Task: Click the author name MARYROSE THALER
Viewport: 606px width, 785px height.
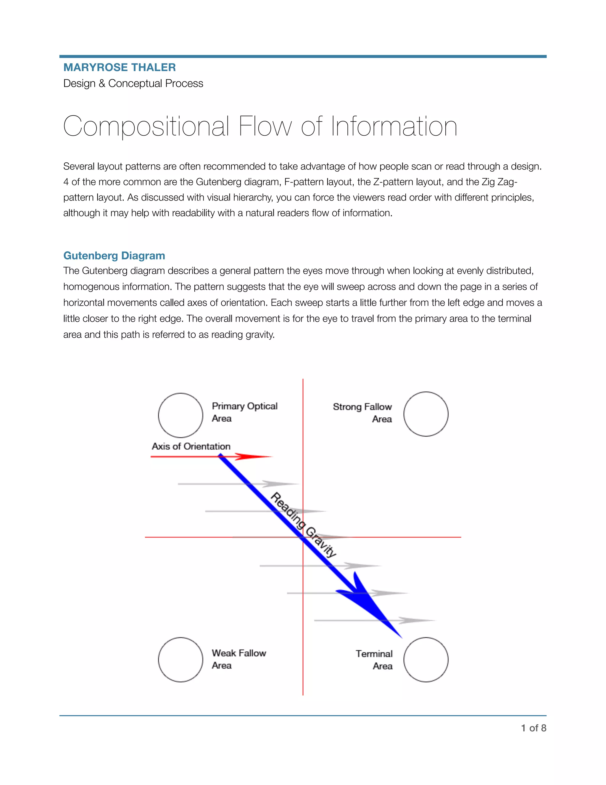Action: pyautogui.click(x=120, y=67)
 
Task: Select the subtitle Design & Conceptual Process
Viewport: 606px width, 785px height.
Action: pyautogui.click(x=133, y=84)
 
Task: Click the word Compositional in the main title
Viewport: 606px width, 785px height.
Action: pyautogui.click(x=146, y=126)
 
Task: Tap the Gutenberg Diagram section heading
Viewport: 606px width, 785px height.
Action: pyautogui.click(x=114, y=256)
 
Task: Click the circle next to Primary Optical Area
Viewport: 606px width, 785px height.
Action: pyautogui.click(x=180, y=415)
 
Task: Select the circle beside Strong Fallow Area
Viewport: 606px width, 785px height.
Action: pyautogui.click(x=426, y=414)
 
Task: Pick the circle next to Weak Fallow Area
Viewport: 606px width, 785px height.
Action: pyautogui.click(x=180, y=660)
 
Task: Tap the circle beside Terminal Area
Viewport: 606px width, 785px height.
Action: pyautogui.click(x=426, y=660)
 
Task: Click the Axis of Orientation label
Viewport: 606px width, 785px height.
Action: pyautogui.click(x=191, y=446)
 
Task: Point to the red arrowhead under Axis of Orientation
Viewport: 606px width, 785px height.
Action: pyautogui.click(x=253, y=456)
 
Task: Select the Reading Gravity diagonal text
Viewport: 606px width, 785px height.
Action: pyautogui.click(x=303, y=525)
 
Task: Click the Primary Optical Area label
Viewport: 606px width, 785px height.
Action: pyautogui.click(x=244, y=412)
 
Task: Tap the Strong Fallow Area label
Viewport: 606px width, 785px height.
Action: pyautogui.click(x=362, y=413)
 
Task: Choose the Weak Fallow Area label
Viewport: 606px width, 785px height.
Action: pyautogui.click(x=239, y=659)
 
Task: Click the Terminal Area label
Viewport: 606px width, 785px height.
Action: pyautogui.click(x=374, y=660)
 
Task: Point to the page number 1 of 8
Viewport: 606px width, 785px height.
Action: pyautogui.click(x=534, y=728)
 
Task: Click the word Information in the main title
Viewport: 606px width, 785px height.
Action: pyautogui.click(x=394, y=126)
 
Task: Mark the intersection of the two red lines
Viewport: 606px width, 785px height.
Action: pyautogui.click(x=303, y=537)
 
